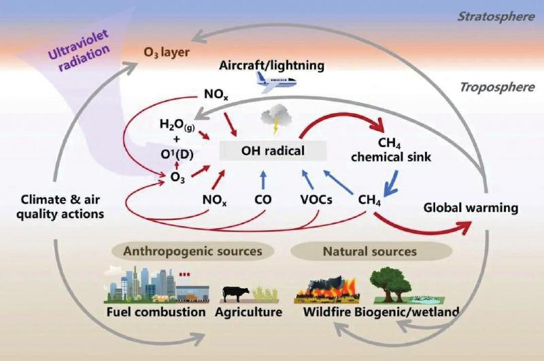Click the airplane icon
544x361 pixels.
(276, 82)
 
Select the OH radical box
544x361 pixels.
(273, 151)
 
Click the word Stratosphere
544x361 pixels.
(496, 16)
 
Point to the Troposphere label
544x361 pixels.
(497, 87)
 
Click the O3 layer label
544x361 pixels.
(167, 53)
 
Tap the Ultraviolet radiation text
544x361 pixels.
(79, 50)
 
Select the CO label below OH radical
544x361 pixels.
(262, 200)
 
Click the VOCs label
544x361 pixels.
(316, 200)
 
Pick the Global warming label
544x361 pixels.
(471, 208)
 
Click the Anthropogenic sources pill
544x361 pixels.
(193, 251)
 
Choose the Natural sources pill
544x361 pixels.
(371, 251)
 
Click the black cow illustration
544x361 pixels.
(236, 294)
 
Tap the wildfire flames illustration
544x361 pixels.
(326, 289)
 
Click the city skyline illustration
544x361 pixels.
(157, 285)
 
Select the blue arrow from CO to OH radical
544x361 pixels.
(263, 180)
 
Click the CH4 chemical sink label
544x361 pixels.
(390, 150)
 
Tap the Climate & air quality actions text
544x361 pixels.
(60, 207)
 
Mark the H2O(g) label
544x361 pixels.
(177, 125)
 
